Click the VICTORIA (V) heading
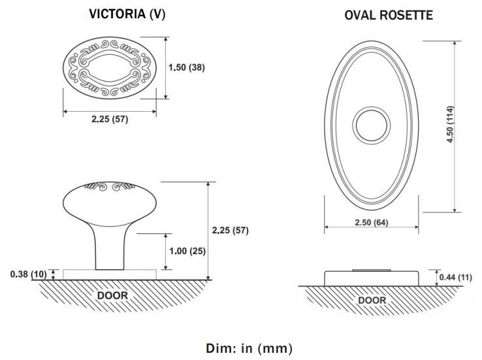pos(127,14)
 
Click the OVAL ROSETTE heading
pos(389,16)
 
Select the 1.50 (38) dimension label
pos(187,67)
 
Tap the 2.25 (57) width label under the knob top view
pos(110,119)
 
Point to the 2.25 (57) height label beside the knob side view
pos(231,230)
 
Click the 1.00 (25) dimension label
pos(187,251)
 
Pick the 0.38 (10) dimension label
pos(28,274)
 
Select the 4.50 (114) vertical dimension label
pos(450,124)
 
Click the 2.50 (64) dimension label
pos(372,222)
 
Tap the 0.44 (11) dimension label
pos(456,277)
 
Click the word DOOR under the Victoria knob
pos(112,296)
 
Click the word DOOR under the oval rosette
pos(372,301)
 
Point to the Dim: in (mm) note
pos(249,348)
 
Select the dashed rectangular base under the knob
pos(110,270)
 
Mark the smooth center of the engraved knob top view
pos(110,68)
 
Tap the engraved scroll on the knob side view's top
pos(110,187)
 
